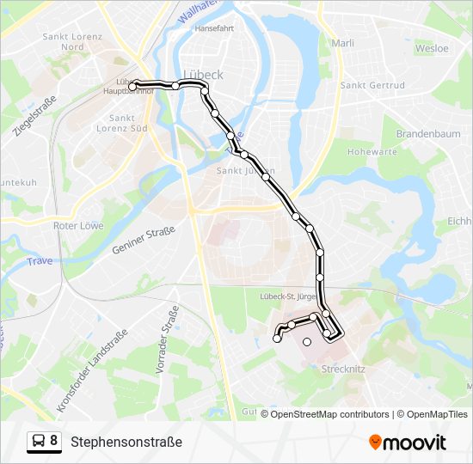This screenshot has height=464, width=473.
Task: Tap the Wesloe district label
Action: [x=432, y=48]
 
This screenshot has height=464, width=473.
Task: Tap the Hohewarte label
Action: [x=372, y=152]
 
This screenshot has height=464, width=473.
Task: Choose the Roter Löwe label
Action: [x=77, y=226]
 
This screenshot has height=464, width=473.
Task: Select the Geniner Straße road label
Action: [x=144, y=240]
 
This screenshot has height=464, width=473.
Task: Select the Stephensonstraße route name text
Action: [x=126, y=443]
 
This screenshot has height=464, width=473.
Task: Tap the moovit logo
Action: [x=408, y=443]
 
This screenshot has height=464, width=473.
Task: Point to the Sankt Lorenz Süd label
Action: [x=128, y=123]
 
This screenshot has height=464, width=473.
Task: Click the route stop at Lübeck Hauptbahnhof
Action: [x=134, y=85]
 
